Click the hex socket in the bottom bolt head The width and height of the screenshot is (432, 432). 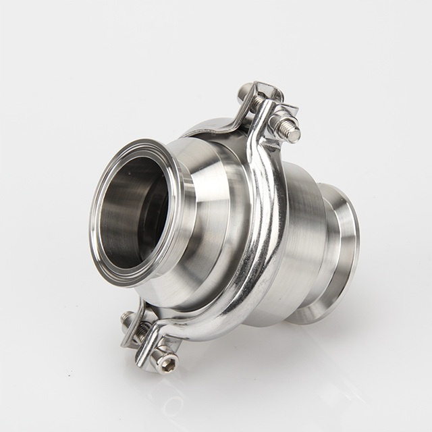pyautogui.click(x=169, y=365)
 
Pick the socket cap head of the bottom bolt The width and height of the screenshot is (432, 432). pyautogui.click(x=166, y=360)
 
